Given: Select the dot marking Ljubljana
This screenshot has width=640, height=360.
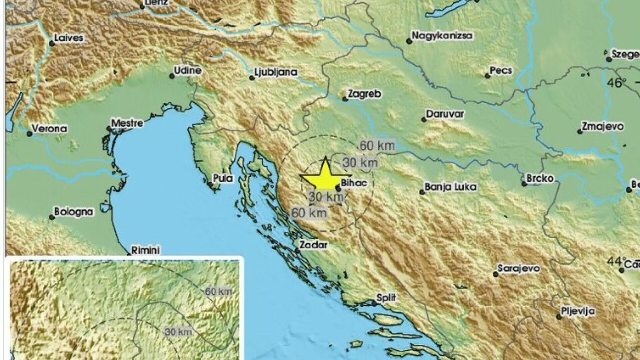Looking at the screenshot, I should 252,78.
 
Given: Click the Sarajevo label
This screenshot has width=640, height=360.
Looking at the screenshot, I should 518,269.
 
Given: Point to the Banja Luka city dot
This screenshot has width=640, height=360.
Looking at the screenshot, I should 422,192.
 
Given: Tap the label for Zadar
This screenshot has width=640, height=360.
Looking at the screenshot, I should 313,245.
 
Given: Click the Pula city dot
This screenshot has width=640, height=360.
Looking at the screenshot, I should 210,184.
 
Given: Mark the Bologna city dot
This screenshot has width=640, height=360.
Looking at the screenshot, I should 52,217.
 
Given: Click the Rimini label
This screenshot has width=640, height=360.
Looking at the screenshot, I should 146,250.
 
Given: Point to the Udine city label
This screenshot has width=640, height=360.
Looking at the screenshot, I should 188,71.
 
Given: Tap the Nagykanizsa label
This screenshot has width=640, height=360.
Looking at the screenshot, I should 442,36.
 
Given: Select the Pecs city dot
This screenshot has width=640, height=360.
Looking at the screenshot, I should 488,76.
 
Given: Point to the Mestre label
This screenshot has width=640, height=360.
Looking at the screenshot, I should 127,123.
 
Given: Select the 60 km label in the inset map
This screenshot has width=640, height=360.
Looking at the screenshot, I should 219,291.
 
